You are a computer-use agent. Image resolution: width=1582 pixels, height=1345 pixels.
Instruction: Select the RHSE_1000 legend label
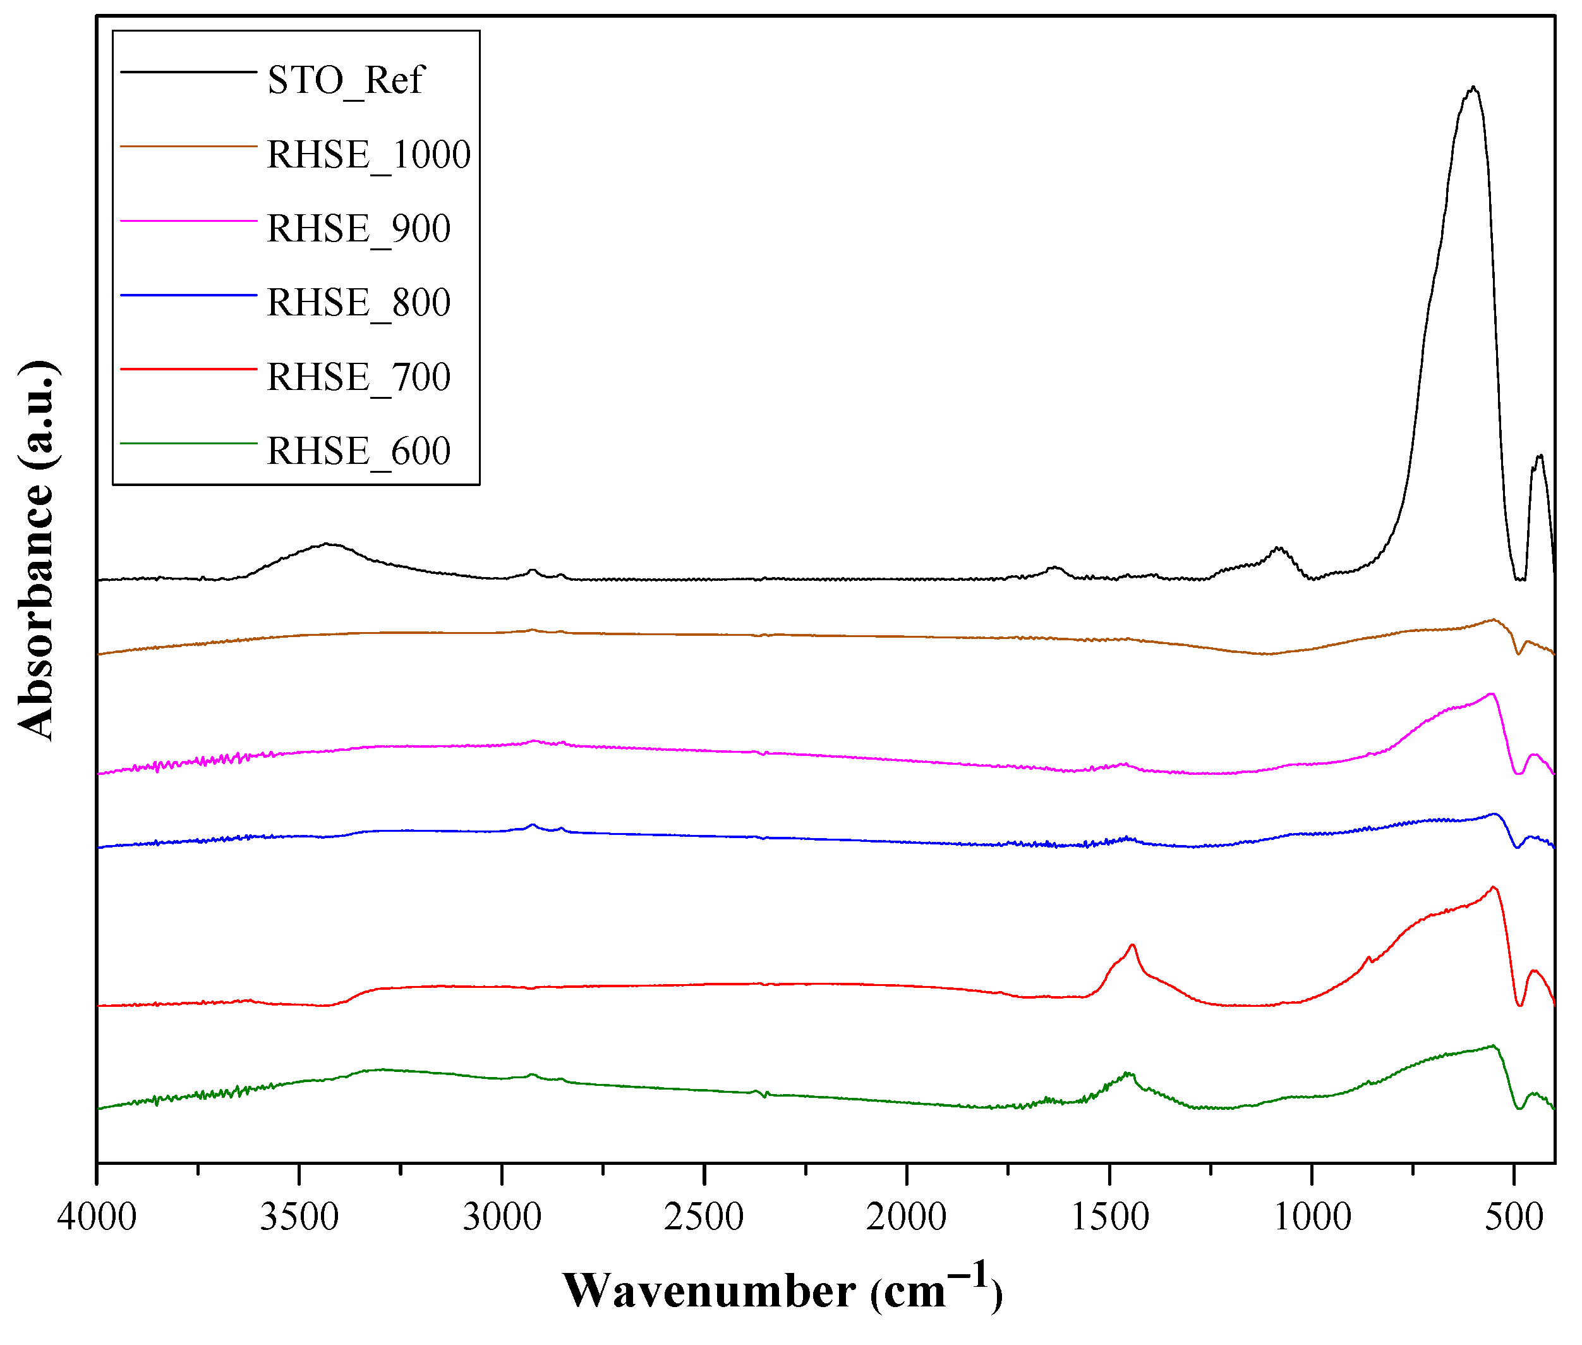point(369,155)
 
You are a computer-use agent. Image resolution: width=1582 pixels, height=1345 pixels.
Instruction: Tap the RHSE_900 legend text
point(358,229)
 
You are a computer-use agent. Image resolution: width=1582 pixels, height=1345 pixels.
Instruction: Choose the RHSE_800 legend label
point(358,303)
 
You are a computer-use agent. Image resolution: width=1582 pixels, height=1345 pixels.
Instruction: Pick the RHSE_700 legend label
point(358,377)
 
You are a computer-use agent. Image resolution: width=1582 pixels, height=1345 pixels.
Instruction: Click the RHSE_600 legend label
point(358,451)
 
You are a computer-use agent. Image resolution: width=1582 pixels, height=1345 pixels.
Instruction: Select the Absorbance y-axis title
point(36,549)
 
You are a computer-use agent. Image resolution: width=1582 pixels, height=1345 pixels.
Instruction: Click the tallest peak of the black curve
point(1473,88)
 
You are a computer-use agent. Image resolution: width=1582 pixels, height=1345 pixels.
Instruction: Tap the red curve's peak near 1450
point(1132,946)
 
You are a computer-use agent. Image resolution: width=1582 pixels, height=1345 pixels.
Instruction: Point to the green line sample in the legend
point(188,443)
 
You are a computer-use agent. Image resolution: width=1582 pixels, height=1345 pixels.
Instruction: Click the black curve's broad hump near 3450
point(326,544)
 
